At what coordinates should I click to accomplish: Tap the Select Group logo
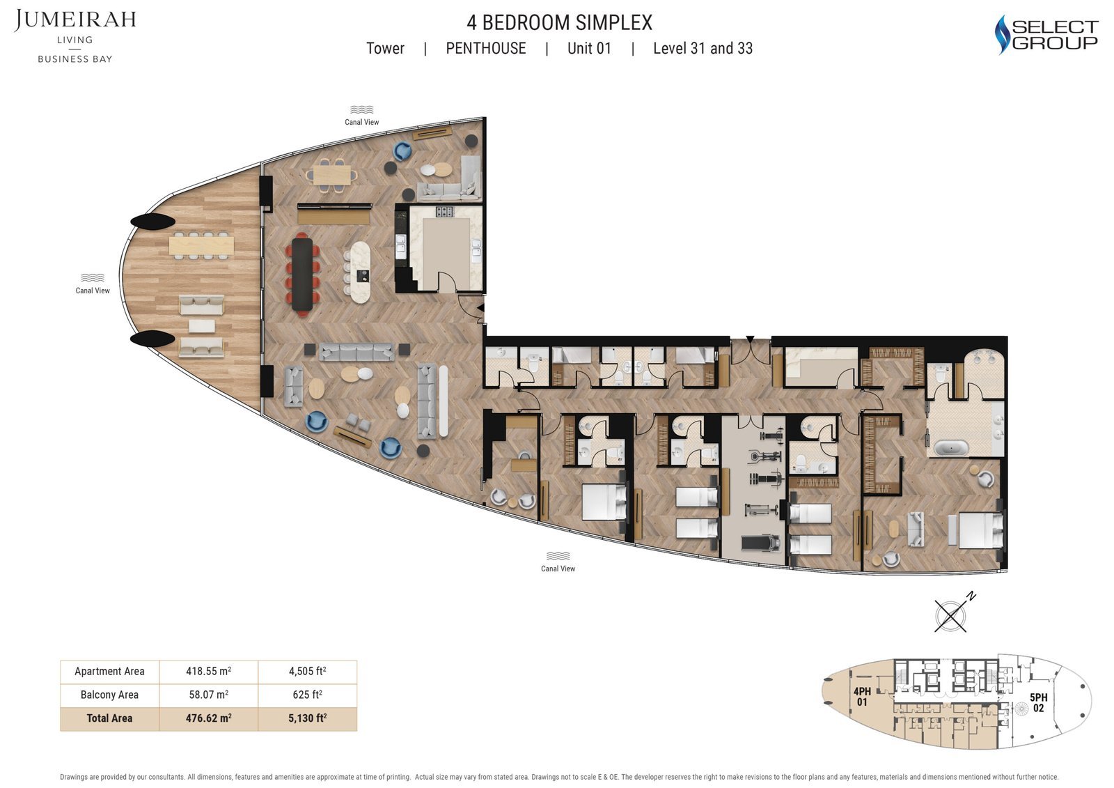1046,35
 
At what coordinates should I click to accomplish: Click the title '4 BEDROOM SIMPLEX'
559,23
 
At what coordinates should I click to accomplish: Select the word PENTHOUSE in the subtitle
485,48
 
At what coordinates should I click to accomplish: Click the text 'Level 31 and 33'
703,48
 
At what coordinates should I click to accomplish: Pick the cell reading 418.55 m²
208,672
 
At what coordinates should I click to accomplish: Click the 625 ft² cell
307,695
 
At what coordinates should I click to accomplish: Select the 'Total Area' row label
109,718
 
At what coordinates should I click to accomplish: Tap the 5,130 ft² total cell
307,718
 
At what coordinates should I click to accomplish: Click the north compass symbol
952,615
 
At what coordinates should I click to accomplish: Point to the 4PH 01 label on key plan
862,697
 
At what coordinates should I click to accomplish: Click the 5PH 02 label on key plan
1038,702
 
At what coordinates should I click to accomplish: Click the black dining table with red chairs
303,274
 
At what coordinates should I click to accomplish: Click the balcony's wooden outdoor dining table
201,245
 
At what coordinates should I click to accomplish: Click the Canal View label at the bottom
558,569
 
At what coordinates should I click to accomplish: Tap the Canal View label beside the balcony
93,291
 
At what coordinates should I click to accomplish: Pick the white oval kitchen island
361,272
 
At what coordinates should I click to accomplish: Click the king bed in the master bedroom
979,530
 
